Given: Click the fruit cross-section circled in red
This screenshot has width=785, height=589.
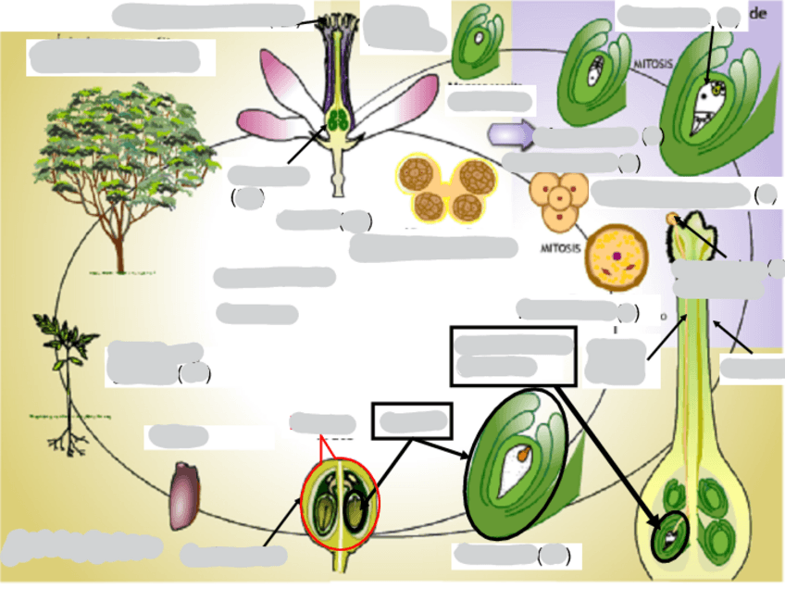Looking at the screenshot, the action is coord(339,504).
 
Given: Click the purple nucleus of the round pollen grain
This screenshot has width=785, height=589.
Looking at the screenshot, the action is coord(615,254).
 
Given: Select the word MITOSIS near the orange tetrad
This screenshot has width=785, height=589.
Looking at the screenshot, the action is coord(562,249).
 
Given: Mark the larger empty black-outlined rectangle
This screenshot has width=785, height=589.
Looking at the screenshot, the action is coord(514,355).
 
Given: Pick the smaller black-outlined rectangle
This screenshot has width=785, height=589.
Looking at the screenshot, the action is coord(412,421).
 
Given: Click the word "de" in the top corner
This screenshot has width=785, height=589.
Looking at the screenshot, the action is coord(761,13).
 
